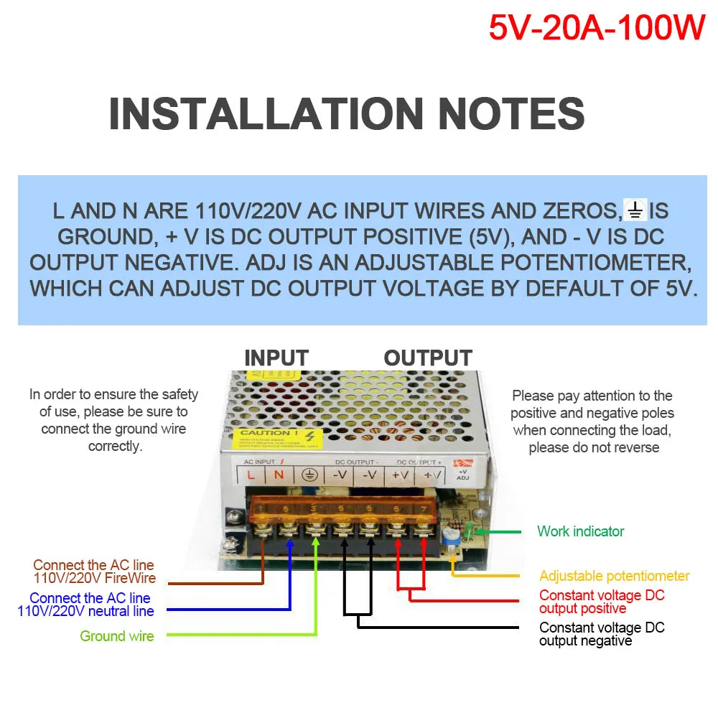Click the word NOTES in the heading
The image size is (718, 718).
pyautogui.click(x=510, y=114)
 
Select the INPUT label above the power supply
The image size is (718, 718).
pyautogui.click(x=276, y=358)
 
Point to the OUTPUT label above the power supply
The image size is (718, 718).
pyautogui.click(x=428, y=358)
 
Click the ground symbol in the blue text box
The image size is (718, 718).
pyautogui.click(x=635, y=210)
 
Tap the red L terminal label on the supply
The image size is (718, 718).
pyautogui.click(x=250, y=475)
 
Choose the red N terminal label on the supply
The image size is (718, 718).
pyautogui.click(x=279, y=475)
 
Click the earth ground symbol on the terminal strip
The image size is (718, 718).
pyautogui.click(x=309, y=475)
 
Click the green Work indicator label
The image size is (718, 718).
pyautogui.click(x=580, y=531)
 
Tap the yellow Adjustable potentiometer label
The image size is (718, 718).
pyautogui.click(x=614, y=576)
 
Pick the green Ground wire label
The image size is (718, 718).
pyautogui.click(x=117, y=635)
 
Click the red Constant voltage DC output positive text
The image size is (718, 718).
pyautogui.click(x=602, y=602)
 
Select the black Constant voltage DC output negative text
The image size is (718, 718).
pyautogui.click(x=602, y=634)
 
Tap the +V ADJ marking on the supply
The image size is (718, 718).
pyautogui.click(x=462, y=475)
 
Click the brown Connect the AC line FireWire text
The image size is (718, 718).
pyautogui.click(x=94, y=572)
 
